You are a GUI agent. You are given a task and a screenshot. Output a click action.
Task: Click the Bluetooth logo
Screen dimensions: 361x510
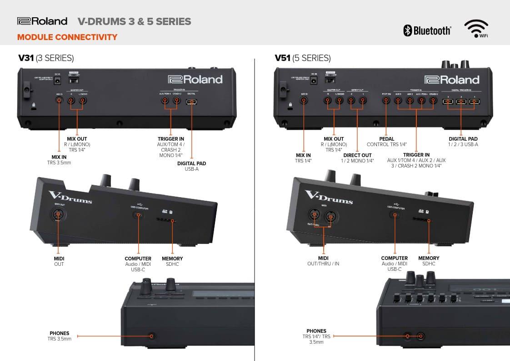[427, 31]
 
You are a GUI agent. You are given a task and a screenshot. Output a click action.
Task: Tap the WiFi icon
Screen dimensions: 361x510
[476, 29]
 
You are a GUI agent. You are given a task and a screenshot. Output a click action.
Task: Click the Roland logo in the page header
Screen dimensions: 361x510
[42, 21]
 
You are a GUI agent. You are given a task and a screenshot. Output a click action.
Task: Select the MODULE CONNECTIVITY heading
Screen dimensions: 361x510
[67, 37]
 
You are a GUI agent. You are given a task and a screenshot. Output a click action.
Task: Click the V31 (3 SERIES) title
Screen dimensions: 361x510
[46, 58]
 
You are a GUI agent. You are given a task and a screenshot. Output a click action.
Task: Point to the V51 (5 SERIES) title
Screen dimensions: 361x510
[303, 58]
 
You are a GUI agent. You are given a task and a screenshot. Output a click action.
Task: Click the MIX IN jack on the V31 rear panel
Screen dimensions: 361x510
[59, 101]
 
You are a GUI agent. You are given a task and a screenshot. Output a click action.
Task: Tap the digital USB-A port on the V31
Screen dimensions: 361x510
[192, 101]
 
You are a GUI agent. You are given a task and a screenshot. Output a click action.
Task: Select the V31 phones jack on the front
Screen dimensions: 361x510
[152, 336]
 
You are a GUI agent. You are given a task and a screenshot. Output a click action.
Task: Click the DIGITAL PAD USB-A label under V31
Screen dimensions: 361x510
[191, 166]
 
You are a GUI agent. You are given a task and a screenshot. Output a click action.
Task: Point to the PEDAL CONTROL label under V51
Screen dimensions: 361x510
[386, 142]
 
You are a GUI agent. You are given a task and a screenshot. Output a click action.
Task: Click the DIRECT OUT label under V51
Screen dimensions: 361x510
[357, 158]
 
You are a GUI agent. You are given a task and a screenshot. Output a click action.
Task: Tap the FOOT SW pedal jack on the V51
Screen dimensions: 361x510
[386, 101]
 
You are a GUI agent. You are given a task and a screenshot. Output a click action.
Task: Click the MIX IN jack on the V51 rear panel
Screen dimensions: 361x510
[304, 101]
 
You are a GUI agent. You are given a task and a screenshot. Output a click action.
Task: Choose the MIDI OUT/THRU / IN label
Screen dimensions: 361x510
[323, 261]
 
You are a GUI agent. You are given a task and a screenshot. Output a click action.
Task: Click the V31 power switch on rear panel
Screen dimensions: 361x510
[73, 80]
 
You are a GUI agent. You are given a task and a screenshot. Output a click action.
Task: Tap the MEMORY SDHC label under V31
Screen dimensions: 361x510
[172, 261]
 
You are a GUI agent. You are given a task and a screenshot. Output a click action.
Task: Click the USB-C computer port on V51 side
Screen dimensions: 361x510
[394, 214]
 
